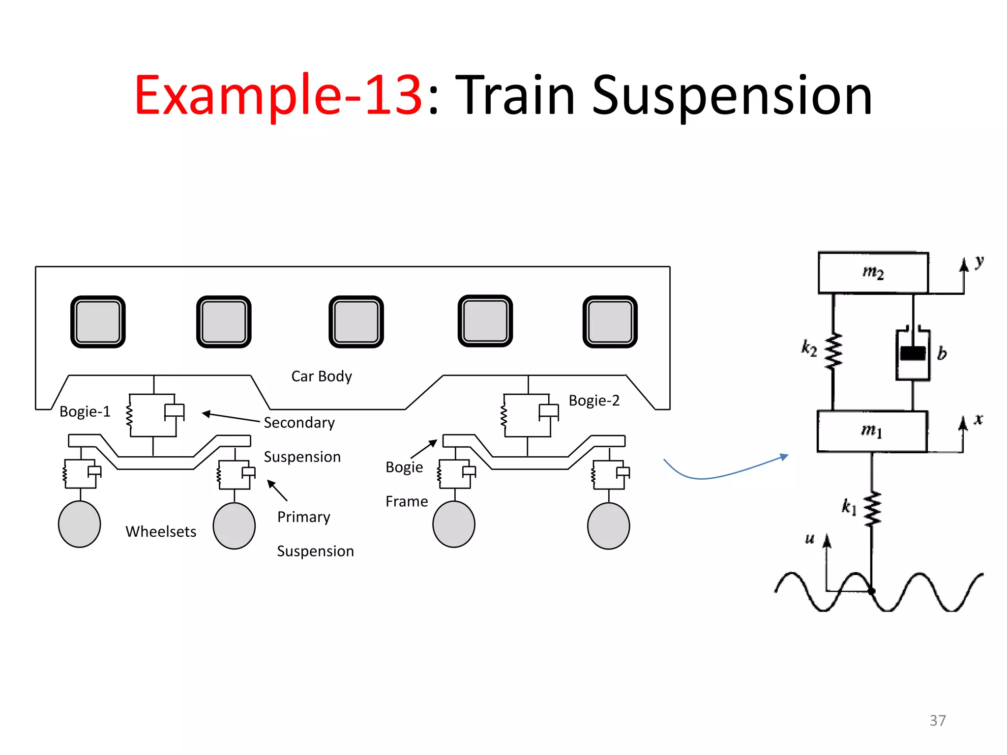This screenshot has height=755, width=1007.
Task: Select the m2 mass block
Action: pyautogui.click(x=873, y=273)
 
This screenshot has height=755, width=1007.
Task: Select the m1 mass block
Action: pyautogui.click(x=872, y=431)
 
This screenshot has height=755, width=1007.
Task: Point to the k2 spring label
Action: pyautogui.click(x=809, y=348)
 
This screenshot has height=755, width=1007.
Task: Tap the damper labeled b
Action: pyautogui.click(x=913, y=354)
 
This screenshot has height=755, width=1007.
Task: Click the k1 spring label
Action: pyautogui.click(x=849, y=506)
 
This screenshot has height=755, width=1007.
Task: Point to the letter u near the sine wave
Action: pyautogui.click(x=810, y=538)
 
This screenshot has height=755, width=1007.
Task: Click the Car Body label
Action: pyautogui.click(x=322, y=377)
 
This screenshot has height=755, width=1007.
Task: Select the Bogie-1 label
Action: pyautogui.click(x=85, y=411)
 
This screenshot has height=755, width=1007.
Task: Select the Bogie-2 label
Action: pyautogui.click(x=594, y=401)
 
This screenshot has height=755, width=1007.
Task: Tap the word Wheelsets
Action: pyautogui.click(x=161, y=532)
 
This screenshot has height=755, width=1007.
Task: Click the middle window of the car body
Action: pyautogui.click(x=356, y=322)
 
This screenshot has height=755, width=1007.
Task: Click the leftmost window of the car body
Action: pyautogui.click(x=98, y=322)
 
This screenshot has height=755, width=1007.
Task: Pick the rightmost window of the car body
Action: pyautogui.click(x=610, y=322)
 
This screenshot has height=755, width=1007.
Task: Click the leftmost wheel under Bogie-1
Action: pyautogui.click(x=80, y=524)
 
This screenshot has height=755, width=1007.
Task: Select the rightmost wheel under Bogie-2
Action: pyautogui.click(x=608, y=525)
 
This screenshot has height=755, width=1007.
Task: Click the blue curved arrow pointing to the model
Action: pyautogui.click(x=713, y=475)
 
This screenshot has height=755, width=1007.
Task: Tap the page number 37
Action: pyautogui.click(x=937, y=721)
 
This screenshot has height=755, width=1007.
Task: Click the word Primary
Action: pyautogui.click(x=304, y=517)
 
